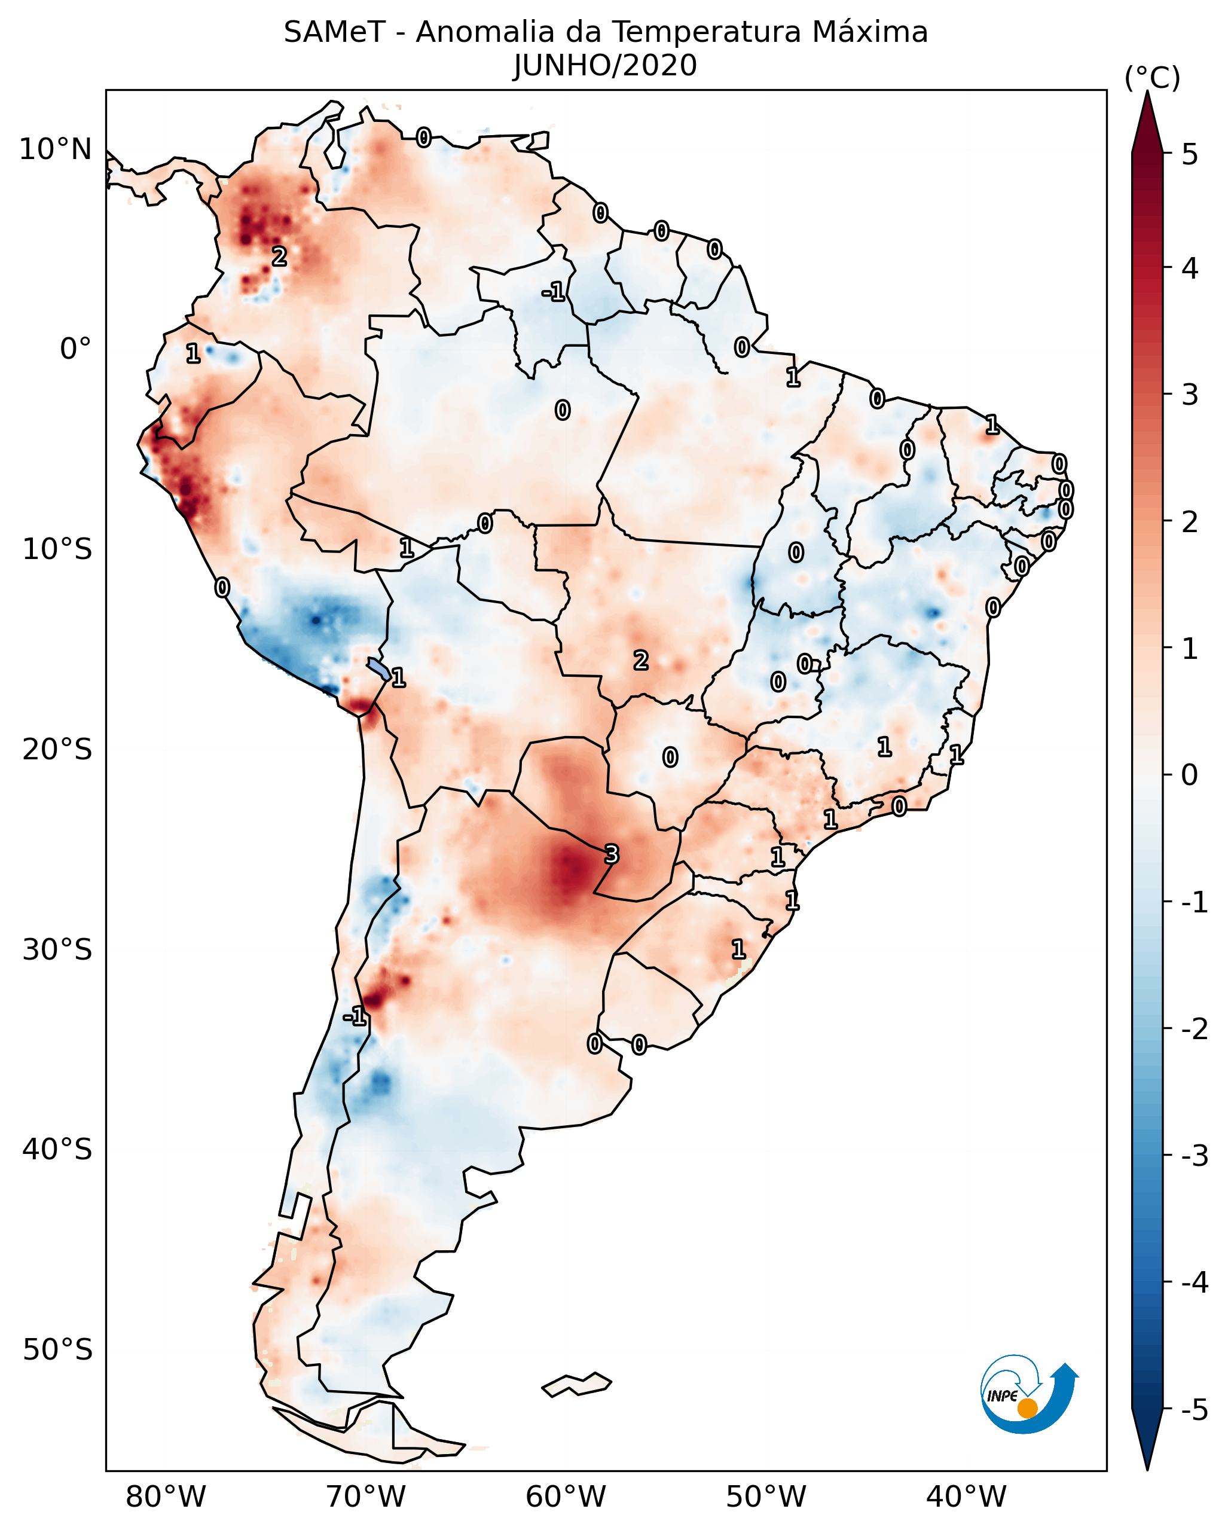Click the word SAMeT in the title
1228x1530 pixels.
(x=334, y=33)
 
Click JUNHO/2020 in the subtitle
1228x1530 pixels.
(x=605, y=66)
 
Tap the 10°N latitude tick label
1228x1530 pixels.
(x=56, y=149)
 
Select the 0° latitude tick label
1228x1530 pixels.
(x=75, y=349)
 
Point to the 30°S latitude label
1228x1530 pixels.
(x=57, y=949)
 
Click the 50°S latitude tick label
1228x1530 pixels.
(x=57, y=1350)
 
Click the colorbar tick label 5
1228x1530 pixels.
(x=1190, y=155)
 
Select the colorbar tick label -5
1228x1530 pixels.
(x=1194, y=1410)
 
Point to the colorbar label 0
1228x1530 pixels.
(x=1190, y=774)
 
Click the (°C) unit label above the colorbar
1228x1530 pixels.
(x=1152, y=78)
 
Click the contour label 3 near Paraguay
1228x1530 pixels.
(x=611, y=854)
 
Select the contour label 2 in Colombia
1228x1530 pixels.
(x=280, y=256)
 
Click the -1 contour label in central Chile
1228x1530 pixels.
(x=355, y=1017)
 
